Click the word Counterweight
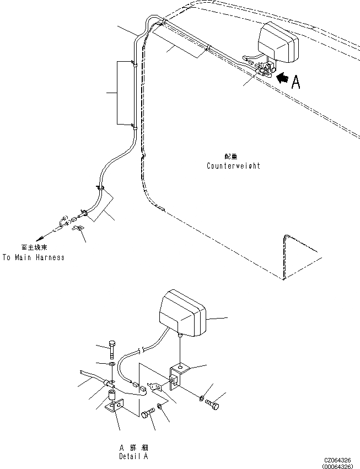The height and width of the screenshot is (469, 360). point(233,166)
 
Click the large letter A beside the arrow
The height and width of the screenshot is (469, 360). point(296,82)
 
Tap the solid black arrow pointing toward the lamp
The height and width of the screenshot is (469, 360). point(281,79)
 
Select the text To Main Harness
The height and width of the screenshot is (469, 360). point(33,257)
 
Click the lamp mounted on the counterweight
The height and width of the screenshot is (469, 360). point(278,42)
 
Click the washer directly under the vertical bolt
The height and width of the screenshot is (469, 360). point(112,364)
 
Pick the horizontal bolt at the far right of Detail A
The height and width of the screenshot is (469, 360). point(212,405)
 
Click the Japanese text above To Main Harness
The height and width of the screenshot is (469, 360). point(33,247)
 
